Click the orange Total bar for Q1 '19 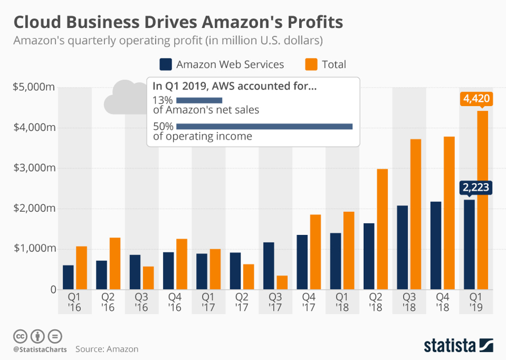(482, 199)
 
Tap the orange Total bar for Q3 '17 (282, 282)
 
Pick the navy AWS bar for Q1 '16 (68, 277)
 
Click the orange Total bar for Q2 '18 (382, 229)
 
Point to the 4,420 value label (475, 99)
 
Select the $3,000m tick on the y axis (34, 168)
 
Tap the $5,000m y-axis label (34, 87)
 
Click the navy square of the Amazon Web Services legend (165, 65)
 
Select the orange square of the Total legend (311, 65)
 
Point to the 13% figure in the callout (163, 100)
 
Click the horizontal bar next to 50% (264, 126)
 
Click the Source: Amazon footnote (107, 349)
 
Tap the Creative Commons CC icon (20, 336)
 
